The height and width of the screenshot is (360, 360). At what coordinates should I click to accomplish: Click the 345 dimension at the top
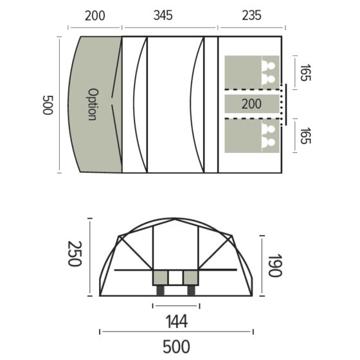click(163, 16)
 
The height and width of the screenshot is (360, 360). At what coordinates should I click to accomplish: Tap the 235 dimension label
click(251, 16)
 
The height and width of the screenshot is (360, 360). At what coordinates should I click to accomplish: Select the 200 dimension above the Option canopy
click(95, 16)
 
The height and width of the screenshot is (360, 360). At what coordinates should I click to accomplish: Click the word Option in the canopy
click(92, 105)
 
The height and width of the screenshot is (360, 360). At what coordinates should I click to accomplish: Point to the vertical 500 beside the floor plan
click(46, 105)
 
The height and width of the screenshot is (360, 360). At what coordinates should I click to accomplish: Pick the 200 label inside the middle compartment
click(251, 104)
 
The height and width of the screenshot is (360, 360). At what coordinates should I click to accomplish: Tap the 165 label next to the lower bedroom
click(305, 137)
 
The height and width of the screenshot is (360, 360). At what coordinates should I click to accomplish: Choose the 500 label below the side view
click(175, 346)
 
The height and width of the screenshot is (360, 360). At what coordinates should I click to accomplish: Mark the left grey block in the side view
click(159, 278)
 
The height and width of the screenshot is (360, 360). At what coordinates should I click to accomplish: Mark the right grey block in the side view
click(191, 278)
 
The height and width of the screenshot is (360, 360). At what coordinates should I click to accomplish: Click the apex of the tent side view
click(174, 219)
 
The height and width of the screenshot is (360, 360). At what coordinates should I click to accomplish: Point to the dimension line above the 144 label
click(175, 304)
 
